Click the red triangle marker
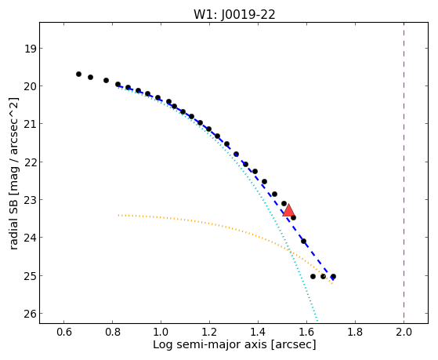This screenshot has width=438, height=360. point(288,210)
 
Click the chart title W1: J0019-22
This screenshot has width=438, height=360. point(234,14)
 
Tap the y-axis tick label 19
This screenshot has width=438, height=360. point(31,49)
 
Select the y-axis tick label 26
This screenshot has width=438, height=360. point(31,314)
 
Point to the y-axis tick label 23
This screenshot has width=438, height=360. point(31,200)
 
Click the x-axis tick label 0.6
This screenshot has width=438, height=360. point(63,332)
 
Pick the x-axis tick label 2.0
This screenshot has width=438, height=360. point(404,332)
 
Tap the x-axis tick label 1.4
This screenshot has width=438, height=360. point(258,332)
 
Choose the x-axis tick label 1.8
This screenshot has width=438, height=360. point(355,332)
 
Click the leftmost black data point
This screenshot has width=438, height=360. point(79,75)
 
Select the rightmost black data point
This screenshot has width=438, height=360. point(333,276)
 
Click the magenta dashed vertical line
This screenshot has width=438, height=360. point(404,173)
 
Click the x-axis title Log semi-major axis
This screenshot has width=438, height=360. point(210,344)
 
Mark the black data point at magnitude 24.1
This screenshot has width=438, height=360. point(304,241)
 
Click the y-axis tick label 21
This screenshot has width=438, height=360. point(31,124)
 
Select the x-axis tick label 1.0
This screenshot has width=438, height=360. point(161,332)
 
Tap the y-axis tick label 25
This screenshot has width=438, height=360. point(31,276)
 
